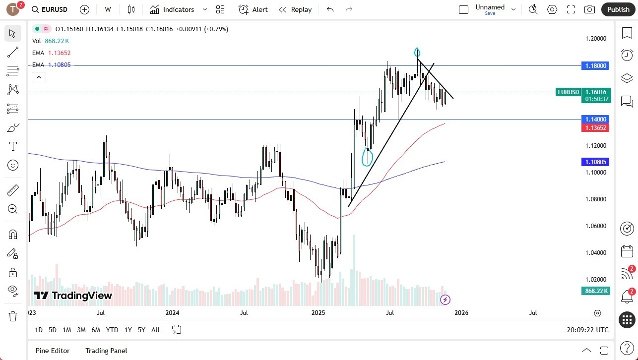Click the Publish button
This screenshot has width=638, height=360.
(x=618, y=9)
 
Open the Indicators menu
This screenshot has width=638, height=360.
(x=178, y=9)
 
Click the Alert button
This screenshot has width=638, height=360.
(x=253, y=9)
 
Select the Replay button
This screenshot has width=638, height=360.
(x=295, y=9)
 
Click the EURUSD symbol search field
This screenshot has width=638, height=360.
(x=51, y=9)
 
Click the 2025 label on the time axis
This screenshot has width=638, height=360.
(x=318, y=313)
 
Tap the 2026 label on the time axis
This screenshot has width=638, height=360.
(x=461, y=313)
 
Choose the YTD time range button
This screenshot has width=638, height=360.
(x=112, y=330)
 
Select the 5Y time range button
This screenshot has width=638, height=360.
(x=141, y=330)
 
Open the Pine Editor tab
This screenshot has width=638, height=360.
(x=53, y=351)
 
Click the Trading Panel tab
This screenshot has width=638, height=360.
(x=106, y=351)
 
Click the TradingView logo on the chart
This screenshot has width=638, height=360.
(x=73, y=296)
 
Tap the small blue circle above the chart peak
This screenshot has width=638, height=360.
(x=417, y=52)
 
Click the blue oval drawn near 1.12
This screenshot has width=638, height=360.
(x=368, y=157)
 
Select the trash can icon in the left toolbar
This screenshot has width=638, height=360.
(x=13, y=316)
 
